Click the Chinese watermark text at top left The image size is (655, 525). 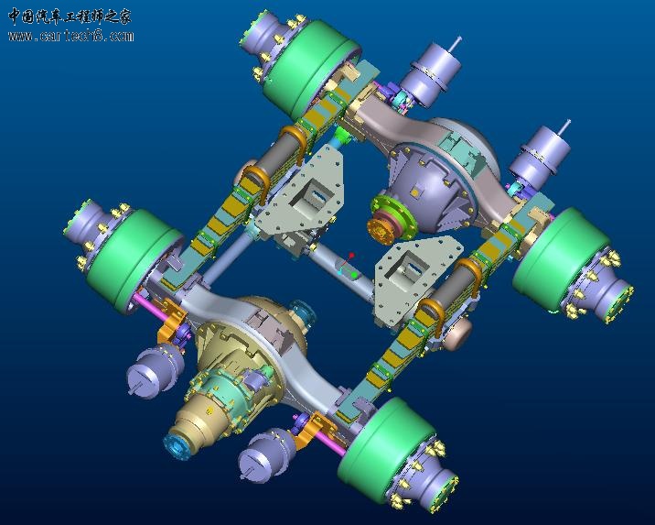(x=70, y=16)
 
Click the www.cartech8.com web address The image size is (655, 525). (x=70, y=36)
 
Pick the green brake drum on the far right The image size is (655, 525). (x=562, y=258)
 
